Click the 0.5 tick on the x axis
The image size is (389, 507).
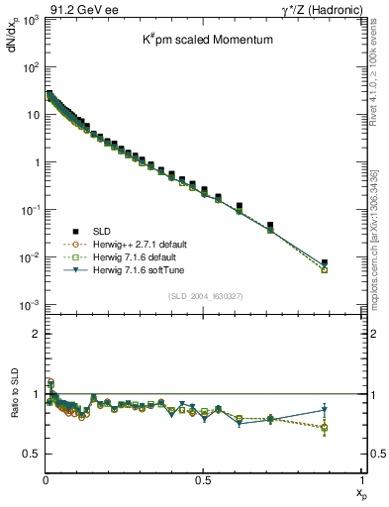pos(203,480)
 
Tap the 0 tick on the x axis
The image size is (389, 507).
pos(46,480)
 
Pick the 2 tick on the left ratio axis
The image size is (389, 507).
pos(37,334)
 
